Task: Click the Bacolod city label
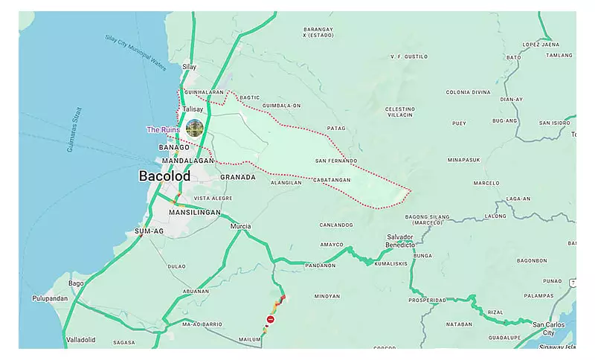(x=164, y=176)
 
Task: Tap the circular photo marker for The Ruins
(x=195, y=128)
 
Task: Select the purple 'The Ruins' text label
(x=163, y=129)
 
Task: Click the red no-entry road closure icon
(x=271, y=319)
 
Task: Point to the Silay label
(x=190, y=66)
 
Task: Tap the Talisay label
(x=193, y=109)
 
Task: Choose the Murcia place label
(x=241, y=226)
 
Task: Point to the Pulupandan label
(x=50, y=298)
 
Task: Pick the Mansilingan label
(x=195, y=212)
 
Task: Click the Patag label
(x=336, y=128)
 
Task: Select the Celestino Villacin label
(x=399, y=112)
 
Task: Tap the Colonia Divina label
(x=468, y=92)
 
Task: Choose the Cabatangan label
(x=332, y=179)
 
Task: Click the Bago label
(x=76, y=283)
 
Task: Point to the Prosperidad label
(x=427, y=300)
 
